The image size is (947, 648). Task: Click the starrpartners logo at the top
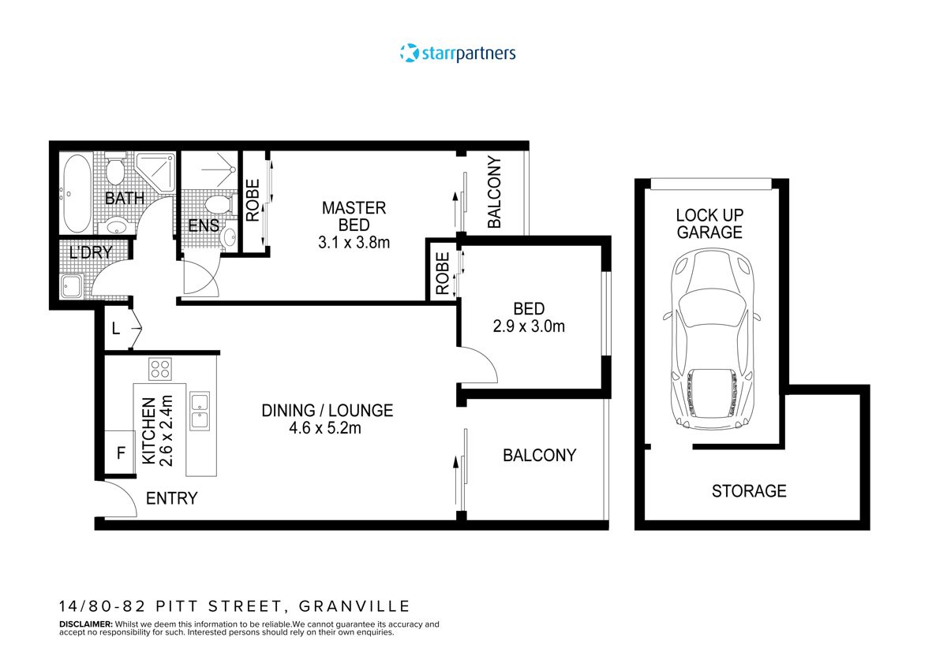point(458,54)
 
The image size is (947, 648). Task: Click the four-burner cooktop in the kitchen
point(161,369)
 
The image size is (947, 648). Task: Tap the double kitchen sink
point(198,411)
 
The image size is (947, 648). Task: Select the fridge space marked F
point(121,453)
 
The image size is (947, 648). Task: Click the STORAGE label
point(749,491)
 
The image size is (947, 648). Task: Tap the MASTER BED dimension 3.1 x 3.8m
point(354,243)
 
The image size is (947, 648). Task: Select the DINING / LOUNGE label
point(327,411)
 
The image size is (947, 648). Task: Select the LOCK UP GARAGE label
point(709,223)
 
